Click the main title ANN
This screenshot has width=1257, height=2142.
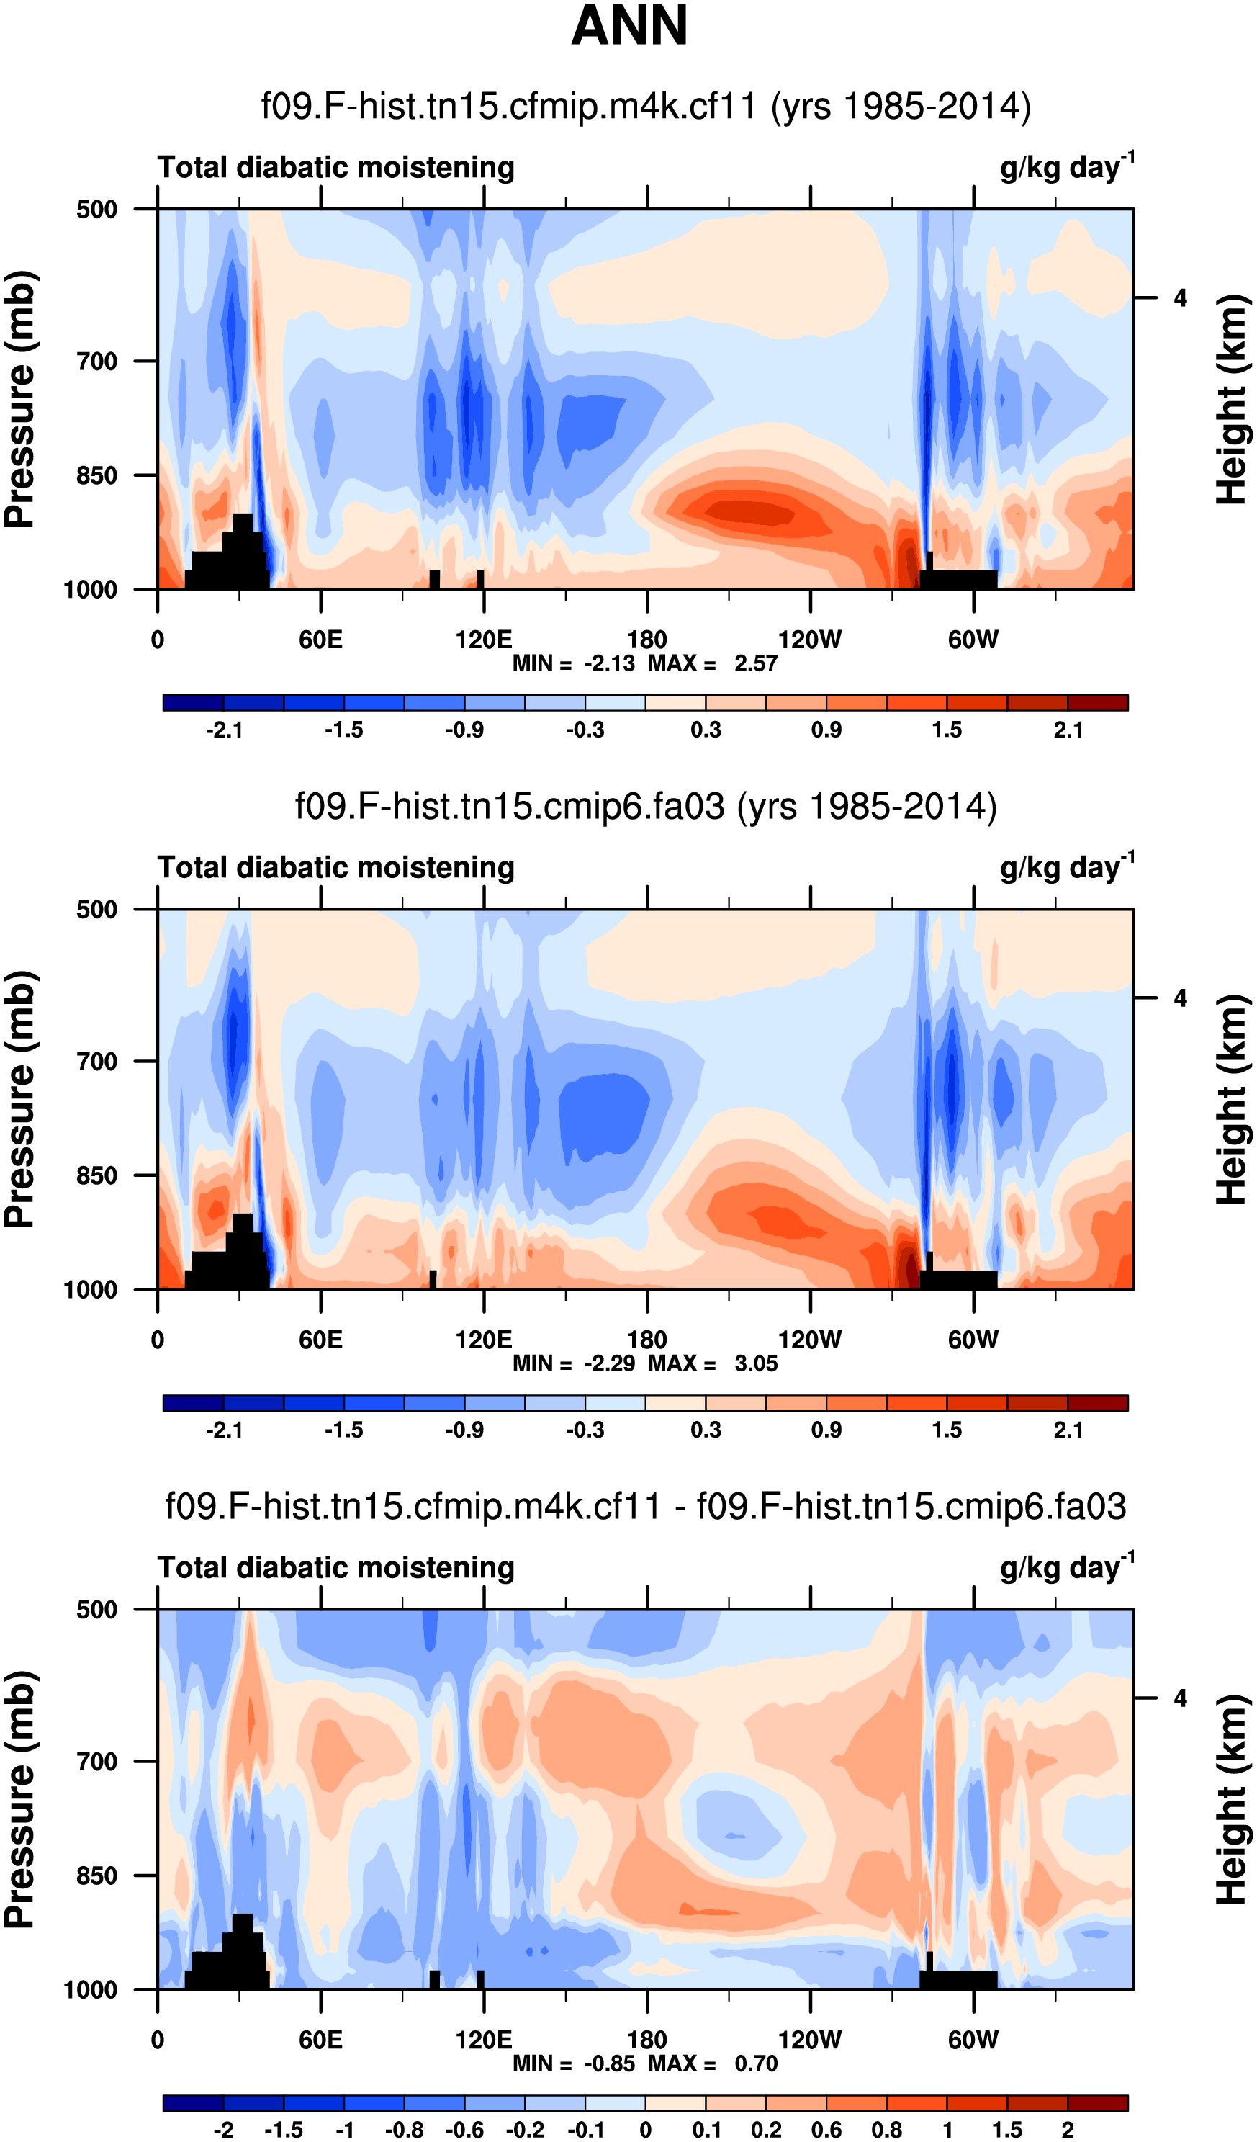(x=629, y=25)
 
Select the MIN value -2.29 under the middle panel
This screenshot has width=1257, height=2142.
(x=609, y=1364)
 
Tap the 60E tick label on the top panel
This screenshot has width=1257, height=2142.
(x=320, y=640)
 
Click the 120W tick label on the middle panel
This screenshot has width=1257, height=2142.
(x=809, y=1340)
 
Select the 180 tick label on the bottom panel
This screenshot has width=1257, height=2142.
(x=646, y=2040)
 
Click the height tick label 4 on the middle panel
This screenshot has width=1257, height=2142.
(x=1181, y=998)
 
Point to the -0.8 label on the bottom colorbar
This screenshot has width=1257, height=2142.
(x=405, y=2130)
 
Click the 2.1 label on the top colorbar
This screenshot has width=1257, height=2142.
(x=1068, y=730)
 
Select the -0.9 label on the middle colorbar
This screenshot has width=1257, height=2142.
(x=464, y=1430)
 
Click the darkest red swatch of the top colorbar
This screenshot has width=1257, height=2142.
(x=1097, y=703)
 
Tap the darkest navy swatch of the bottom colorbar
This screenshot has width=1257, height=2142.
(x=193, y=2103)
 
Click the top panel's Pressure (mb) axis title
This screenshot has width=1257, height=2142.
(x=20, y=400)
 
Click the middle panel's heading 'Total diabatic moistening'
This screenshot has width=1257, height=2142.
(x=335, y=868)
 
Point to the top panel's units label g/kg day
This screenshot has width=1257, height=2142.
(x=1067, y=166)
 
